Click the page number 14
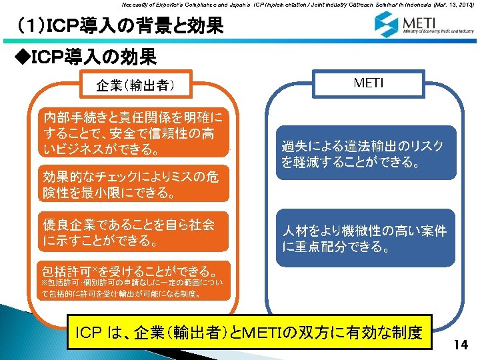(x=460, y=345)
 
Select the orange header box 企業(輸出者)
(x=135, y=85)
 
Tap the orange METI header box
(x=368, y=84)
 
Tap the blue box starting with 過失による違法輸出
(x=366, y=153)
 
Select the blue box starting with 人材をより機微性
(x=366, y=239)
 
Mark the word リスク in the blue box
(x=424, y=146)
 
